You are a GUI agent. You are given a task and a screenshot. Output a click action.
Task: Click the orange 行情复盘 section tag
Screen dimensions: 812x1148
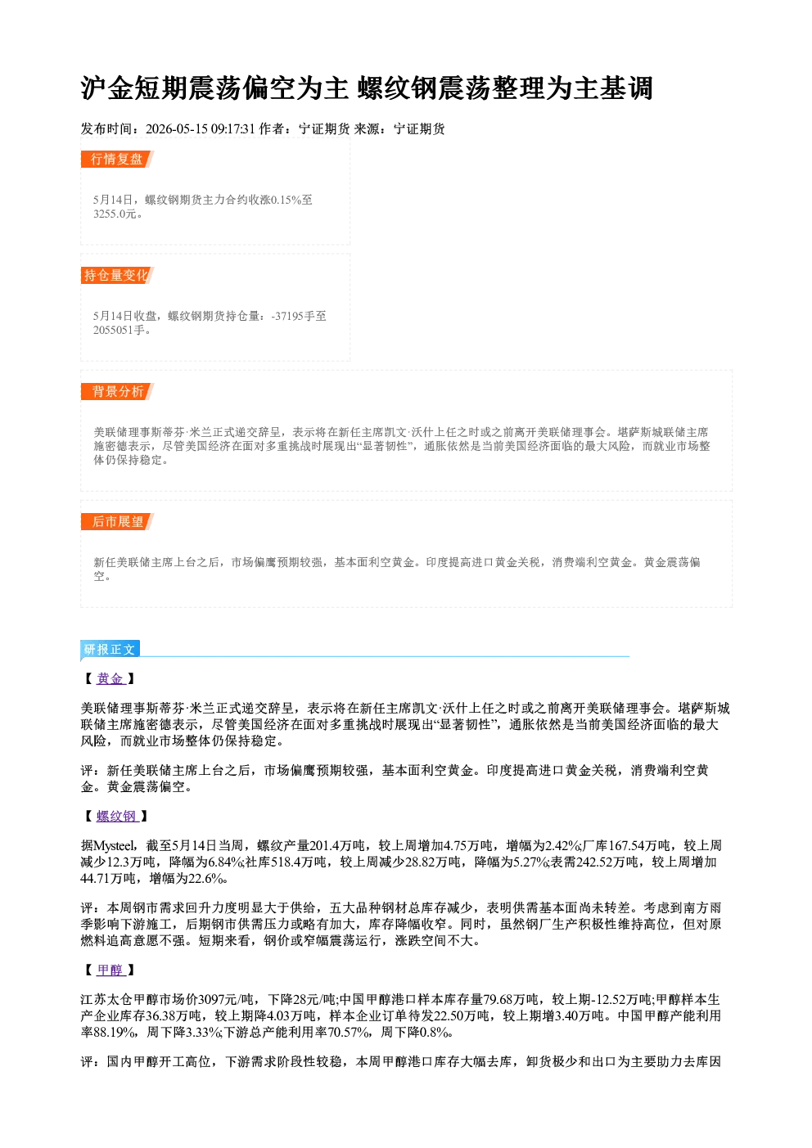[x=117, y=159]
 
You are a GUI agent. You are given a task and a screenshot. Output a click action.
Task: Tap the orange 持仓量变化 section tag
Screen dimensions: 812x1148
[x=117, y=275]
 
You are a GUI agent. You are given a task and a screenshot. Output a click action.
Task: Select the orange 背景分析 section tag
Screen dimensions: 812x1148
[x=117, y=392]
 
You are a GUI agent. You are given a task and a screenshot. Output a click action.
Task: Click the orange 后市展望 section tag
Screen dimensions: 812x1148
[x=117, y=522]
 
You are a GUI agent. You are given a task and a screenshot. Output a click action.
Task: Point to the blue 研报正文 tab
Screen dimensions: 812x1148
[x=110, y=650]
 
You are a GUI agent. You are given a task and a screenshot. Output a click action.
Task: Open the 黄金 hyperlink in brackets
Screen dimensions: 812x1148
[x=111, y=678]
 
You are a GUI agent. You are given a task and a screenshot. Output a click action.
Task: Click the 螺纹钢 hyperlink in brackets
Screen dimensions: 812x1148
[x=117, y=816]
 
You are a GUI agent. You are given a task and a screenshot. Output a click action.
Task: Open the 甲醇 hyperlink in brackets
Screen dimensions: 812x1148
[x=111, y=970]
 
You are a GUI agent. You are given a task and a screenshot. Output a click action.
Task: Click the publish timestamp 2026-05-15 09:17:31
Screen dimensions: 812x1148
[x=201, y=128]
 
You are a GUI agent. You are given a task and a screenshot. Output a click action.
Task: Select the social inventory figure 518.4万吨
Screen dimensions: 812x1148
[x=298, y=862]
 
